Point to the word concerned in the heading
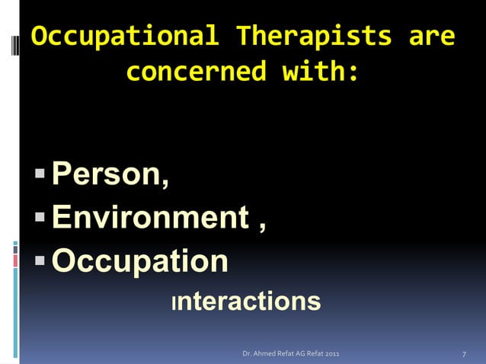click(196, 72)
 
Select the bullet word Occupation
click(139, 261)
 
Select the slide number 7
click(464, 355)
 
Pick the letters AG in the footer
click(296, 355)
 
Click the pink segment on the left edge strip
click(15, 260)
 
